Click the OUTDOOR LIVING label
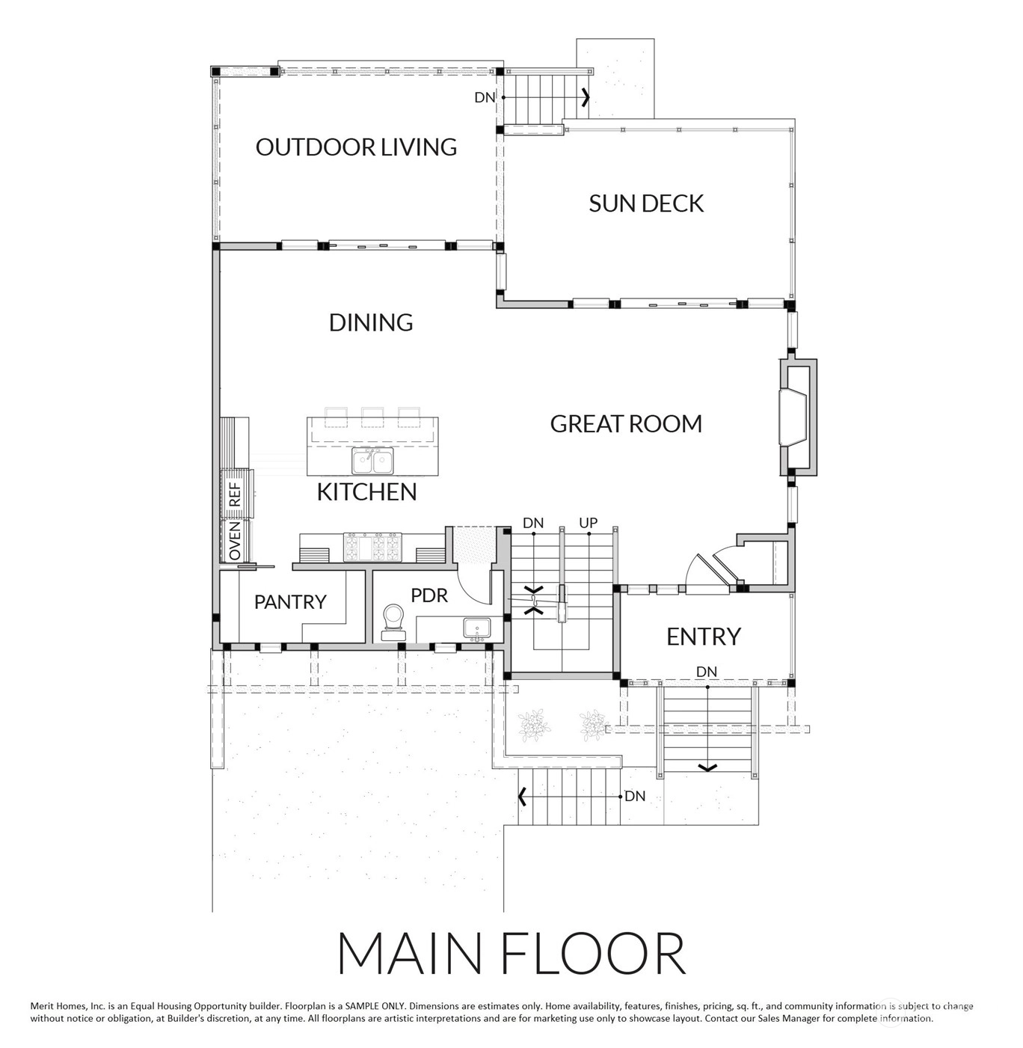pos(356,147)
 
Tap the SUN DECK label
pos(645,203)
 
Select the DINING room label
pos(370,322)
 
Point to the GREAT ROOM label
pos(626,424)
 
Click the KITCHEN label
pos(366,491)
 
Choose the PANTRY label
pos(290,601)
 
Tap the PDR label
pos(429,595)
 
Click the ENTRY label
pos(703,637)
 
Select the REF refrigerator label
pos(235,494)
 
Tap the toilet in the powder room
pos(393,622)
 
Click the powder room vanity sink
pos(477,628)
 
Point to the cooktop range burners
pos(372,547)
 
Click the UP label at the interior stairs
pos(588,522)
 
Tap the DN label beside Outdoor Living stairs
pos(485,97)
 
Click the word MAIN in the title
pos(408,953)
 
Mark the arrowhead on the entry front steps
pos(707,767)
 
